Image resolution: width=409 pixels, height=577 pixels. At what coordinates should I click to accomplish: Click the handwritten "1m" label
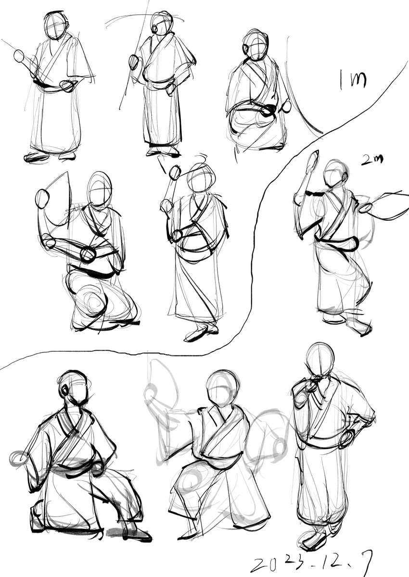353,79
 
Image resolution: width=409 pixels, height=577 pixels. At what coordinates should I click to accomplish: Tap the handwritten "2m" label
371,160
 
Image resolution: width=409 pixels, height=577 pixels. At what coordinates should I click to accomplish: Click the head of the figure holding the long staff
162,23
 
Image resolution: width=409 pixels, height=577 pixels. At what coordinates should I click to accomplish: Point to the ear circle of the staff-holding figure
155,28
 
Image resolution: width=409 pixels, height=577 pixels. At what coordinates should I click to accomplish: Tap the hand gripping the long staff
134,62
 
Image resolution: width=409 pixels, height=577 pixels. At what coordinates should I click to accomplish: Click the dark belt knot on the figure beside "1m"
269,110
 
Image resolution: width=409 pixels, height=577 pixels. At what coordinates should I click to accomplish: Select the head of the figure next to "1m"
255,45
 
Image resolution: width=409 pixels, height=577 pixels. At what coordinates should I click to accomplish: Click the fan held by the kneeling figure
59,198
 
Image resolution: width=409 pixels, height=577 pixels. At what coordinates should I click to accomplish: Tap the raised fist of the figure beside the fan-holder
175,172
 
